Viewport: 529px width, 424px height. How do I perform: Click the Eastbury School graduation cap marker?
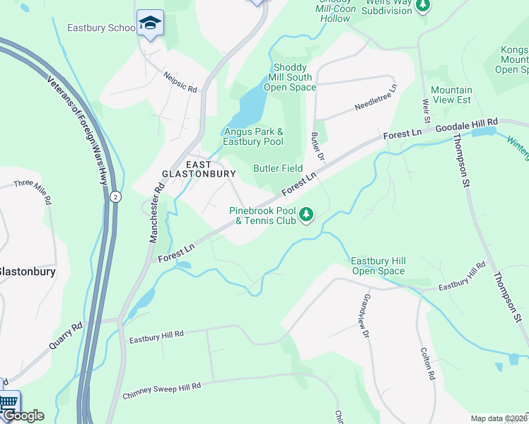pyautogui.click(x=150, y=23)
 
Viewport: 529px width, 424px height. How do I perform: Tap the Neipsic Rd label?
pyautogui.click(x=180, y=81)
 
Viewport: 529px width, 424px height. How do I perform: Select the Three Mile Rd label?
pyautogui.click(x=33, y=192)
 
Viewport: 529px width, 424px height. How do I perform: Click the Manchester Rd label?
pyautogui.click(x=156, y=213)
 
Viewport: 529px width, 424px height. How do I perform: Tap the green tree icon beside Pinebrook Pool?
pyautogui.click(x=306, y=214)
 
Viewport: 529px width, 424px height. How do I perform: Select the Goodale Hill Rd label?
pyautogui.click(x=467, y=125)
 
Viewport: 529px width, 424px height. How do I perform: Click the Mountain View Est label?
pyautogui.click(x=451, y=95)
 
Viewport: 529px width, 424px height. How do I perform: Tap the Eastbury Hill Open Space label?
pyautogui.click(x=378, y=266)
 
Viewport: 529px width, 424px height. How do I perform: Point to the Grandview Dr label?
pyautogui.click(x=366, y=315)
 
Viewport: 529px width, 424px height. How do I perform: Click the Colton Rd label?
pyautogui.click(x=426, y=364)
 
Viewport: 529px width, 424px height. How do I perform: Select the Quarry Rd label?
pyautogui.click(x=66, y=337)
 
